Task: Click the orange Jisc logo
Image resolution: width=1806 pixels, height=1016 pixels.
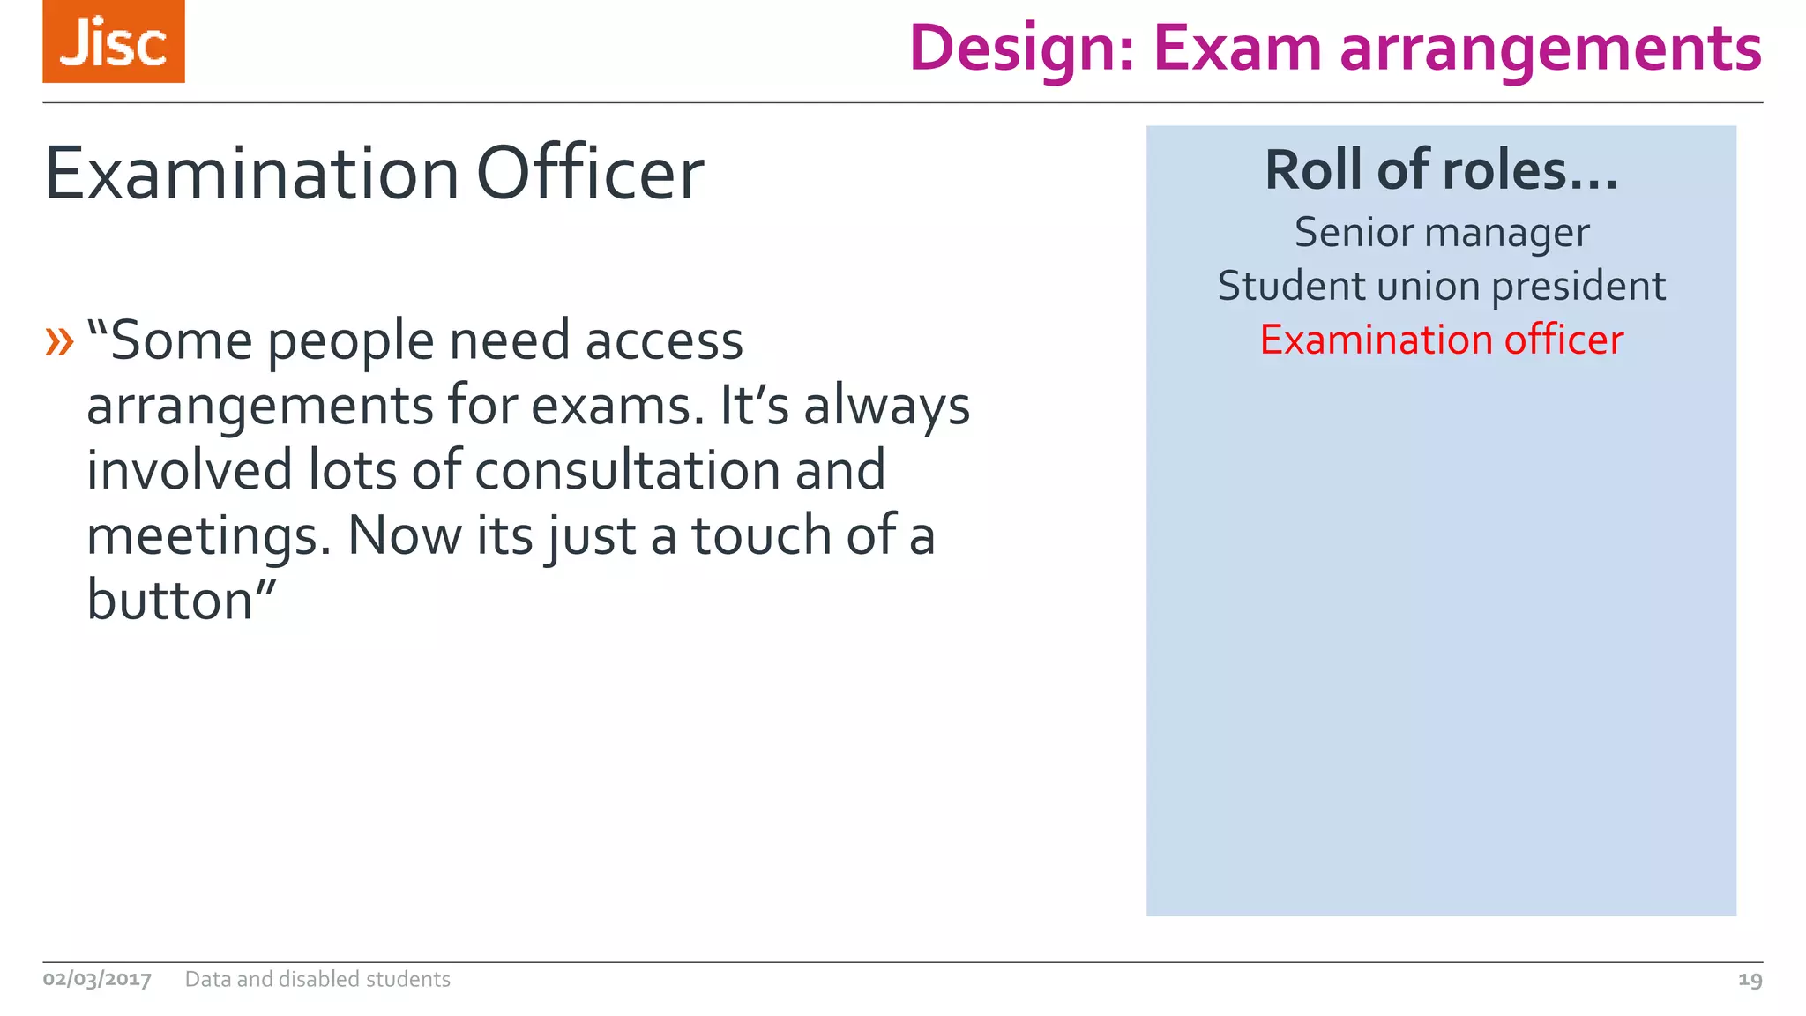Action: click(114, 41)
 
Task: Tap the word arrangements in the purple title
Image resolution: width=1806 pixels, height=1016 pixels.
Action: click(1550, 49)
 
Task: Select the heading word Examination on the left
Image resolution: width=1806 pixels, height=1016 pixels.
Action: click(251, 174)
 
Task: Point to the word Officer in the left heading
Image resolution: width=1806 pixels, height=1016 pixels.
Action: click(590, 174)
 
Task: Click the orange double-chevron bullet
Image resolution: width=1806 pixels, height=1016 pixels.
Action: click(59, 341)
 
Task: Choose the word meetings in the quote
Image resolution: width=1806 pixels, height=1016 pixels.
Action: click(208, 536)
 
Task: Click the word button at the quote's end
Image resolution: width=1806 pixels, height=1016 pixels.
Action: click(170, 601)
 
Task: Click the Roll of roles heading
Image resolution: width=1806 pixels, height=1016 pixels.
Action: click(1441, 169)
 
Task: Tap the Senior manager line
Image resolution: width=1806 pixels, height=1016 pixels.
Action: click(1441, 233)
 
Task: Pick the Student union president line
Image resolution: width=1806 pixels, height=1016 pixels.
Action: click(1441, 287)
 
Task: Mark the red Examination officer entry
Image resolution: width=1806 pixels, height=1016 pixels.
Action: click(1441, 340)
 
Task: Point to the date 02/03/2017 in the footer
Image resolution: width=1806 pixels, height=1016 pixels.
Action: click(97, 979)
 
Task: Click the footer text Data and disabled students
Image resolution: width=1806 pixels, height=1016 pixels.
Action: click(317, 979)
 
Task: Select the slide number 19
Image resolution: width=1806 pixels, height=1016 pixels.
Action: click(1750, 979)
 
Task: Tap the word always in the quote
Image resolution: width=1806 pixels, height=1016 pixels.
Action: click(886, 407)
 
